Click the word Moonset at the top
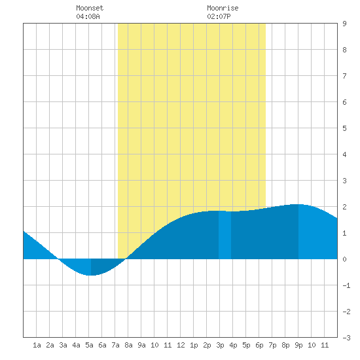[x=90, y=8]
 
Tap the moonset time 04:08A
[x=88, y=16]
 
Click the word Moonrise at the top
[x=223, y=8]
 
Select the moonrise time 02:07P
[x=219, y=16]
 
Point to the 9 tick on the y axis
[x=344, y=24]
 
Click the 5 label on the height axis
[x=344, y=128]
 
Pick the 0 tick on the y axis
[x=344, y=259]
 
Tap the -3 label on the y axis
[x=346, y=338]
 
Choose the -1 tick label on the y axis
[x=346, y=285]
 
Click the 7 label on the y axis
[x=344, y=76]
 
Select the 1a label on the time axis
[x=37, y=345]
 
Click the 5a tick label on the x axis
[x=89, y=345]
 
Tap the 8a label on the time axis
[x=128, y=345]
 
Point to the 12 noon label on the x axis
[x=181, y=345]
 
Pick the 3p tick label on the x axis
[x=220, y=345]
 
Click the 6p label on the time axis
[x=259, y=345]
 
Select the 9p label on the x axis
[x=298, y=345]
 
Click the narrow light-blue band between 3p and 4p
[x=225, y=235]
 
